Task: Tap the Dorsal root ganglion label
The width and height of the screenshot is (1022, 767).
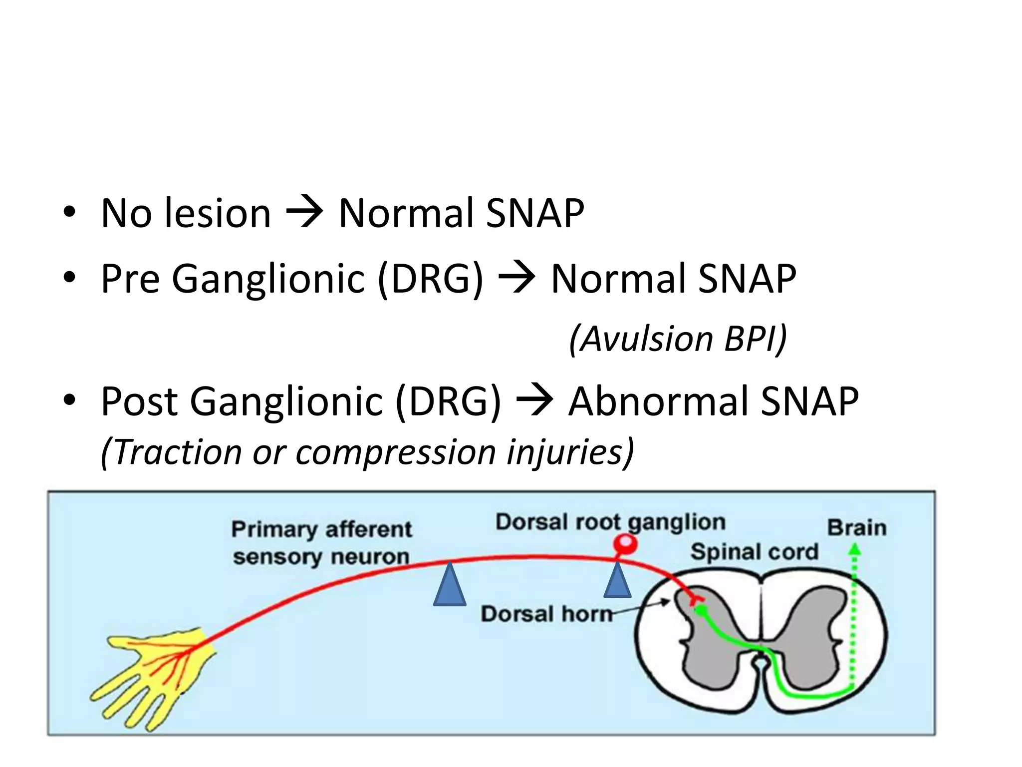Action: click(x=610, y=522)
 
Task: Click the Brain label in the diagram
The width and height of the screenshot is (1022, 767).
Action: click(x=856, y=528)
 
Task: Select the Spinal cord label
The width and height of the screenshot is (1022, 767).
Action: click(x=754, y=552)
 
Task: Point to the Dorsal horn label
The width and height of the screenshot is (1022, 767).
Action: click(x=546, y=614)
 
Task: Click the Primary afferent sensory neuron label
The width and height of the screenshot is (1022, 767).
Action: click(x=321, y=543)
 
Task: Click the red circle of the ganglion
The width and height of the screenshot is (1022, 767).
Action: click(x=625, y=543)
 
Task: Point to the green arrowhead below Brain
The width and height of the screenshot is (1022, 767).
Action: click(x=855, y=550)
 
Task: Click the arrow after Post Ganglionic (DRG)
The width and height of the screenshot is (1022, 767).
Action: click(x=534, y=401)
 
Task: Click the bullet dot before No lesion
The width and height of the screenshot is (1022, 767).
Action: click(x=69, y=213)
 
